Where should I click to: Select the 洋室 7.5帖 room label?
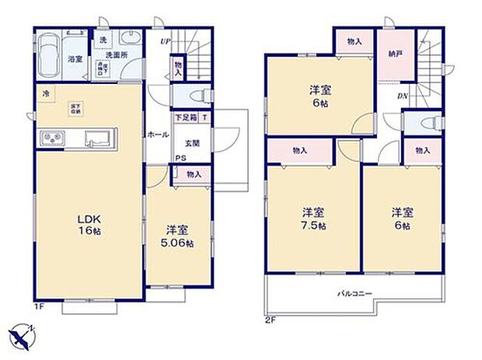pyautogui.click(x=313, y=218)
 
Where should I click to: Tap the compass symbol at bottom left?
pyautogui.click(x=21, y=335)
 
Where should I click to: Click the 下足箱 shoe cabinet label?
pyautogui.click(x=185, y=118)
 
